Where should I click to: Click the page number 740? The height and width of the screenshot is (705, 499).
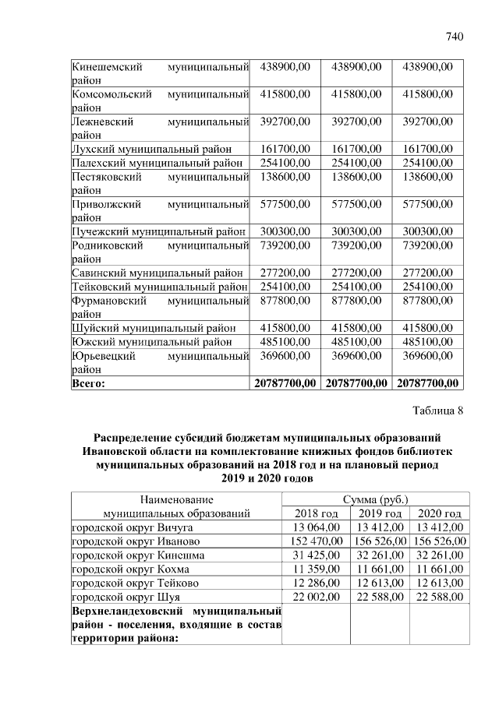(455, 36)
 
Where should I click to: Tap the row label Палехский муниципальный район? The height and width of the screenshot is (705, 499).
(157, 163)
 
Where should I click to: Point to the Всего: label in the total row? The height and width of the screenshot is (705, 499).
(88, 383)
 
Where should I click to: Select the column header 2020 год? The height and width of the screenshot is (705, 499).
(440, 513)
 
